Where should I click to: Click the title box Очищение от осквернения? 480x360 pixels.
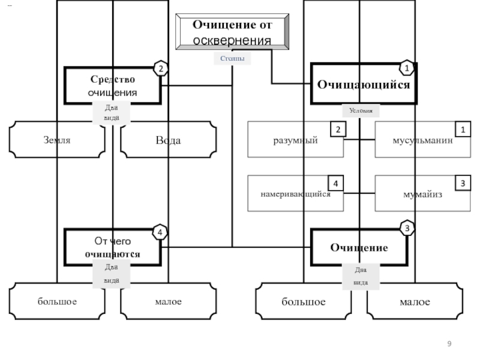232,32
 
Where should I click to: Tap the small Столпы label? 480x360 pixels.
232,58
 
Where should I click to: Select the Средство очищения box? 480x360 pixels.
112,86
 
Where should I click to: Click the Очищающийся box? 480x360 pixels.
364,84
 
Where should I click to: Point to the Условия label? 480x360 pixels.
361,110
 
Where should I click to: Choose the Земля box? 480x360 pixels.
57,140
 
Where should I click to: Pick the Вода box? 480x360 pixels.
169,140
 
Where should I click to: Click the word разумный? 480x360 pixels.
295,140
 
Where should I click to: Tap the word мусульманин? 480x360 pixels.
422,140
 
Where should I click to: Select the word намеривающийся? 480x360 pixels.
295,194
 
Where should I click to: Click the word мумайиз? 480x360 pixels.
422,194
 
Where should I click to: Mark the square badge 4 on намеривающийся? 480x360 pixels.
335,184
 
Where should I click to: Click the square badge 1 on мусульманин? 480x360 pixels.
463,130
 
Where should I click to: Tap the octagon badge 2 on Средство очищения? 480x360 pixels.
161,68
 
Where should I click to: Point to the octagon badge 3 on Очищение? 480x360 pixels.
407,228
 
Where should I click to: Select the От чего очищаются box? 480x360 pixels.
112,247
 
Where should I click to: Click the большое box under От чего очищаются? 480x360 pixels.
57,301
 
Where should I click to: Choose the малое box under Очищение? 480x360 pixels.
415,302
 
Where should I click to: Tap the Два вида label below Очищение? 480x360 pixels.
361,276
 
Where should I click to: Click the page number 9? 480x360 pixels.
449,344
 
